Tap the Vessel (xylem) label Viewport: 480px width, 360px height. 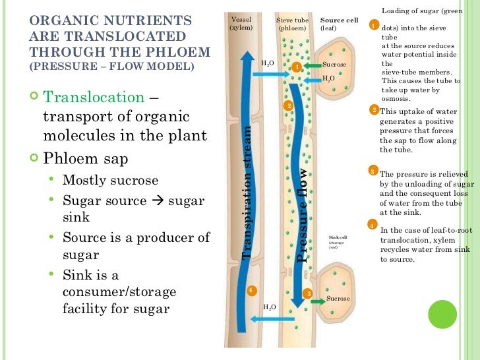[241, 24]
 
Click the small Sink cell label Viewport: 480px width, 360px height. [337, 237]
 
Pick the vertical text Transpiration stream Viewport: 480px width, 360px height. [249, 191]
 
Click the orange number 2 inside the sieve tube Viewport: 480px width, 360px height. [288, 106]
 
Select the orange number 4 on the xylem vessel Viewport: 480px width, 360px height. [251, 290]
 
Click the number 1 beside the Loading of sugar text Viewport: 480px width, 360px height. [373, 25]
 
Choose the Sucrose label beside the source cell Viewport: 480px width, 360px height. [334, 65]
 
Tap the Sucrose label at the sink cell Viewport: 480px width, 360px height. [338, 299]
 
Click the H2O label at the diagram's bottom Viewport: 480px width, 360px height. [269, 307]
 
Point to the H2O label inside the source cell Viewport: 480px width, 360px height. [328, 78]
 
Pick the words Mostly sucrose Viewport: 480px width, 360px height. [110, 180]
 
